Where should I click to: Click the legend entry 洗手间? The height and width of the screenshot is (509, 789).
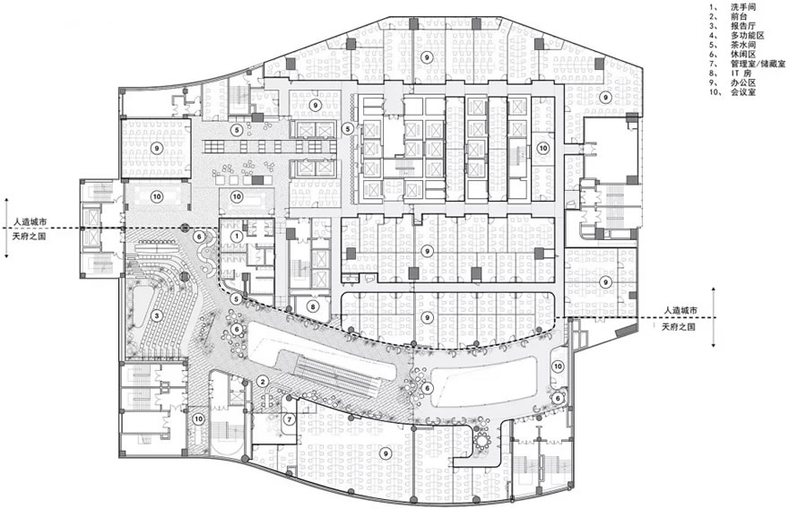(x=743, y=7)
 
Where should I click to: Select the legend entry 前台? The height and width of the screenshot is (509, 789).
(x=739, y=17)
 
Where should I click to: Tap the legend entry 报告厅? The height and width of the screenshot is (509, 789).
(x=743, y=27)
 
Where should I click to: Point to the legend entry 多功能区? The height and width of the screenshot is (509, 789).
(x=748, y=36)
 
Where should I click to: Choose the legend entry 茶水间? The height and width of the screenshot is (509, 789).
(x=743, y=45)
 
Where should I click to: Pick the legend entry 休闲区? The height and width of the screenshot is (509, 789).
(x=743, y=55)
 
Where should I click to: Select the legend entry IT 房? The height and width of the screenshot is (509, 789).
(x=741, y=73)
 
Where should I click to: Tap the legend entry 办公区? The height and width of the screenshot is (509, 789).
(x=743, y=83)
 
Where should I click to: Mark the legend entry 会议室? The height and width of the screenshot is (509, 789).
(x=743, y=92)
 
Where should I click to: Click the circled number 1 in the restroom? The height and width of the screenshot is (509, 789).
(x=238, y=236)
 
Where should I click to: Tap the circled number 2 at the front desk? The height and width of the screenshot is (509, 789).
(x=262, y=382)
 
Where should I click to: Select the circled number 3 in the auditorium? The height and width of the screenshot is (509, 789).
(x=157, y=315)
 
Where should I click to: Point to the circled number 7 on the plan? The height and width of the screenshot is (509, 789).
(x=289, y=419)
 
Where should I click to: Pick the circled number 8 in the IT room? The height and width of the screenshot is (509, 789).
(x=313, y=306)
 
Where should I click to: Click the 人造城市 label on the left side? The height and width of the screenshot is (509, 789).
(x=30, y=220)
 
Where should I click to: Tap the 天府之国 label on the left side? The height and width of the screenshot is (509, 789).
(x=30, y=236)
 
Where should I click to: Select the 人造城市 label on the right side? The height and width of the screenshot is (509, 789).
(x=681, y=311)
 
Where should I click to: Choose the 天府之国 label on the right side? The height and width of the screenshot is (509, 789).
(x=679, y=327)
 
